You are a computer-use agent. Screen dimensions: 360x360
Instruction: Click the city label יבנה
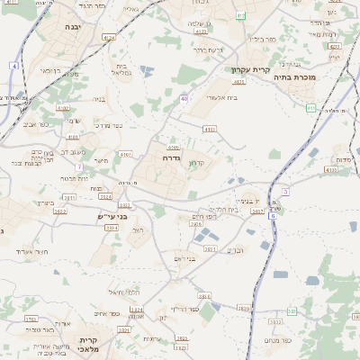[73, 28]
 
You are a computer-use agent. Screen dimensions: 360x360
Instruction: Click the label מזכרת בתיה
[318, 78]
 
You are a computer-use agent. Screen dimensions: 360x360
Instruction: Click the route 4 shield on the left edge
[15, 66]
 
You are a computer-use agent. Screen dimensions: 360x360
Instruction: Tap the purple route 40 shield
[184, 99]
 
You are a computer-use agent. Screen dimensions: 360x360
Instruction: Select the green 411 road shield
[310, 108]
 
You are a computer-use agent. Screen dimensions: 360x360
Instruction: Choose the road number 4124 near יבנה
[110, 38]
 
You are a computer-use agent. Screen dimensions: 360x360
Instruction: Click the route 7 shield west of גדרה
[79, 167]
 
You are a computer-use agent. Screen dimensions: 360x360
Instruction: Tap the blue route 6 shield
[272, 216]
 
